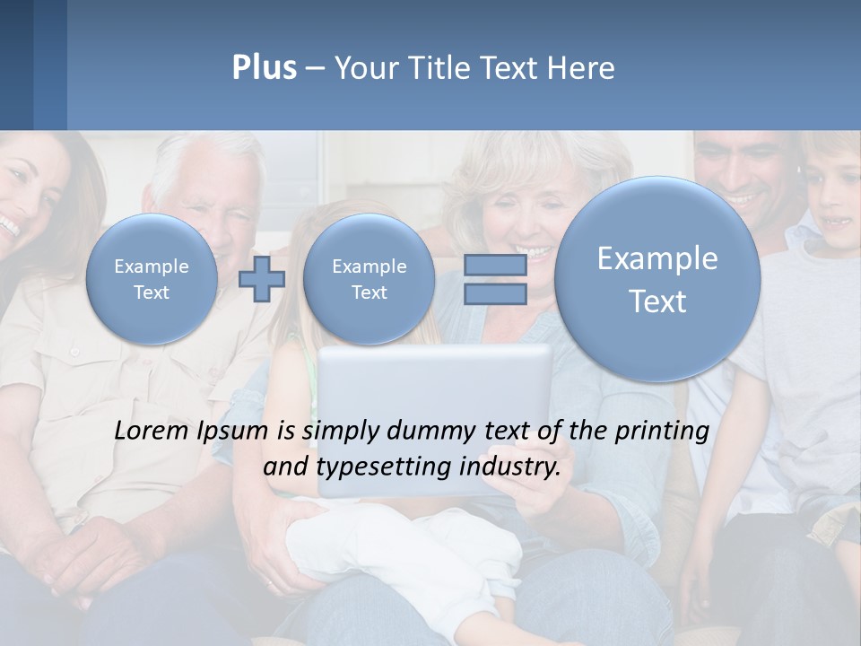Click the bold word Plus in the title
(x=264, y=68)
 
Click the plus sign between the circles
(x=262, y=279)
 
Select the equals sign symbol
(x=495, y=279)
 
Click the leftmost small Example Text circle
(x=151, y=279)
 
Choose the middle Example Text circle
(x=369, y=279)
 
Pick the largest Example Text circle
(x=657, y=279)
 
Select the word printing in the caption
(x=662, y=432)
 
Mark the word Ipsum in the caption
(x=235, y=432)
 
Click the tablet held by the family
(x=435, y=377)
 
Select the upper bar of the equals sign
(x=495, y=265)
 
